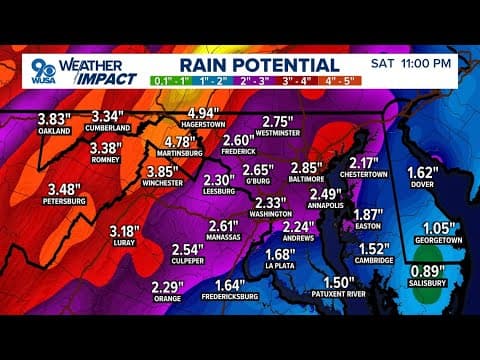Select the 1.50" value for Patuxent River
(x=340, y=283)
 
